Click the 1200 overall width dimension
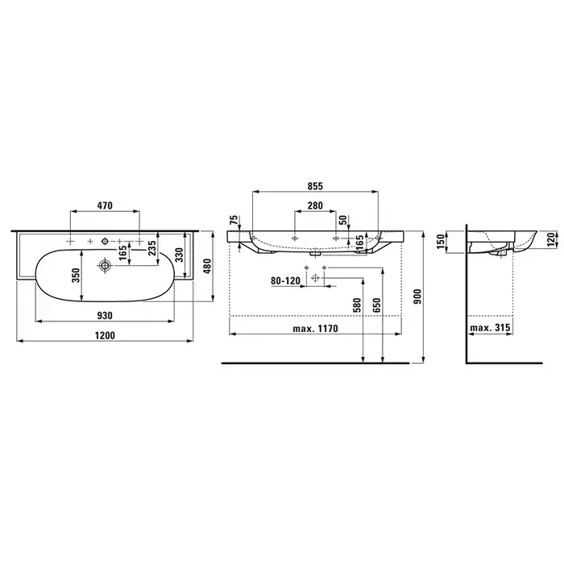point(105,335)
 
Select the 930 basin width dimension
point(105,316)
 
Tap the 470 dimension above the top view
point(105,205)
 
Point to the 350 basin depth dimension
point(76,276)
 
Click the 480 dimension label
point(207,266)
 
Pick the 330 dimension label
point(179,255)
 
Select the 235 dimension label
point(151,248)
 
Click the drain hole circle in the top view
point(105,266)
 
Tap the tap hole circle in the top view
point(105,241)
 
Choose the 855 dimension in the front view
point(315,186)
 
